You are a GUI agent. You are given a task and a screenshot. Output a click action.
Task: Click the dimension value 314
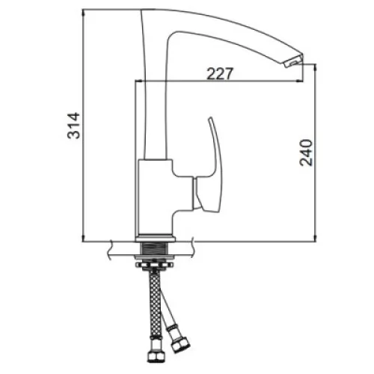74,126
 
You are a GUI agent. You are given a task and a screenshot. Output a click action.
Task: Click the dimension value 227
220,73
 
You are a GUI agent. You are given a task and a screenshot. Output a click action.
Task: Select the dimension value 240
306,153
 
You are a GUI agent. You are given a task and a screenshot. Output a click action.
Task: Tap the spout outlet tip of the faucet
294,61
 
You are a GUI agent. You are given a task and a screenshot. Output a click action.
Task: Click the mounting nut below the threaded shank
154,266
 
